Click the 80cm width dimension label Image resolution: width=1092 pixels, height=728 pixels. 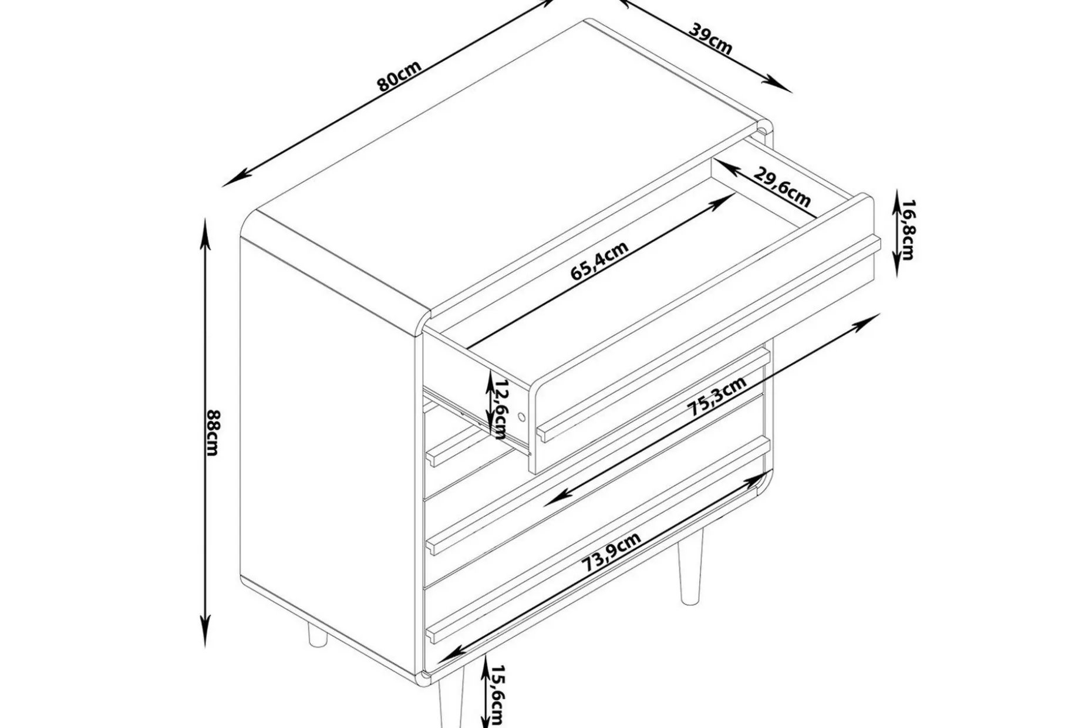tap(399, 76)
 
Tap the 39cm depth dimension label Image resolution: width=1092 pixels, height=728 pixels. tap(710, 39)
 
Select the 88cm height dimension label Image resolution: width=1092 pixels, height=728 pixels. tap(213, 432)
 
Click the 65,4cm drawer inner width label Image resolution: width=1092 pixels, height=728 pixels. tap(599, 261)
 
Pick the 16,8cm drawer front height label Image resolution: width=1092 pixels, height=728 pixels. tap(907, 230)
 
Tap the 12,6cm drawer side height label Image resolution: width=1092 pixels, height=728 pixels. tap(500, 409)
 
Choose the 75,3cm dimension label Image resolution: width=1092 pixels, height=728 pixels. tap(717, 396)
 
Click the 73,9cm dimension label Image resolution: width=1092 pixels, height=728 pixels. tap(611, 552)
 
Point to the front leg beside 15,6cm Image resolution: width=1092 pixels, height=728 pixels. tap(451, 705)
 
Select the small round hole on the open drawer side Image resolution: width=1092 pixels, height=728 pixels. tap(521, 417)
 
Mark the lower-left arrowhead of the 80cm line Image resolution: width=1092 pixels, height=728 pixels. tap(233, 180)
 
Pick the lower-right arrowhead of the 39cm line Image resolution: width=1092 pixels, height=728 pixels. tap(780, 85)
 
